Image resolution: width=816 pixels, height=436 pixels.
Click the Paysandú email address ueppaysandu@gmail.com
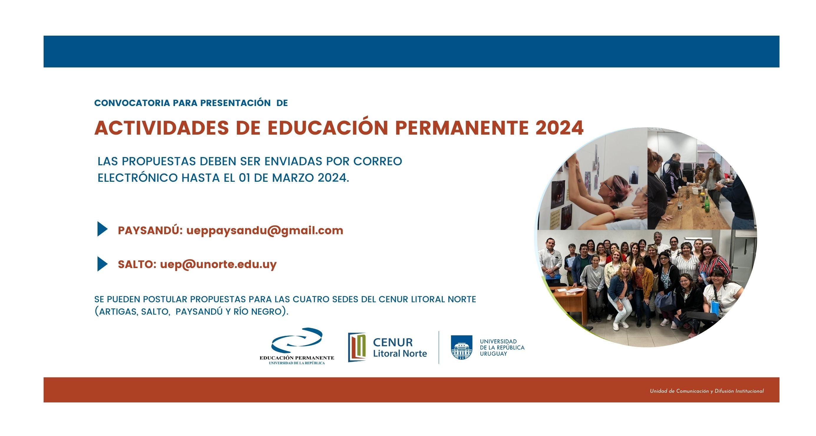265,231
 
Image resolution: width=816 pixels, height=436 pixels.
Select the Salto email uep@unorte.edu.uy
218,264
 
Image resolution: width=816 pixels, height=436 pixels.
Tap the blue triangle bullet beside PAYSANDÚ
102,229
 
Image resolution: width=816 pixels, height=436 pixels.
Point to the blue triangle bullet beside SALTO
102,264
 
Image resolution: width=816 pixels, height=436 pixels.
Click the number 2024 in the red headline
559,128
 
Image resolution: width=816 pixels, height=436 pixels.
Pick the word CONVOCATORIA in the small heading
132,103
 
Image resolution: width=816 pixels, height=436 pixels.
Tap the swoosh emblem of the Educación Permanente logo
297,340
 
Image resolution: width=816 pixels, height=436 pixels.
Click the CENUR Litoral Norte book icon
357,347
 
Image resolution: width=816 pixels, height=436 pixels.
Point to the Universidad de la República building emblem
462,347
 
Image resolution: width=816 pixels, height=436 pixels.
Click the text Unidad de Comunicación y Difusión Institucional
707,391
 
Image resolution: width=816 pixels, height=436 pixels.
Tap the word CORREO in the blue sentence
378,161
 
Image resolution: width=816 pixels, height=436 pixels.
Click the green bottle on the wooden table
706,204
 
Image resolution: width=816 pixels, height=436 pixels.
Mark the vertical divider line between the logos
439,347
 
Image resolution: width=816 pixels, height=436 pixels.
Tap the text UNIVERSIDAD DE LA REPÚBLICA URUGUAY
502,348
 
